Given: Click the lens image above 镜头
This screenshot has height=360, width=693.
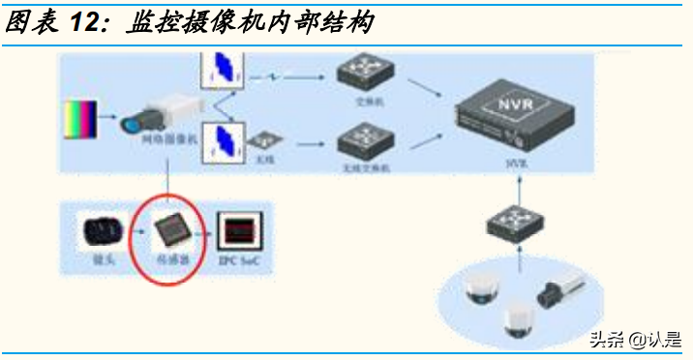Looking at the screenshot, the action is click(x=102, y=230).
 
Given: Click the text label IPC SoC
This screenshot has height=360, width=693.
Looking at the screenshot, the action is click(x=238, y=261).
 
